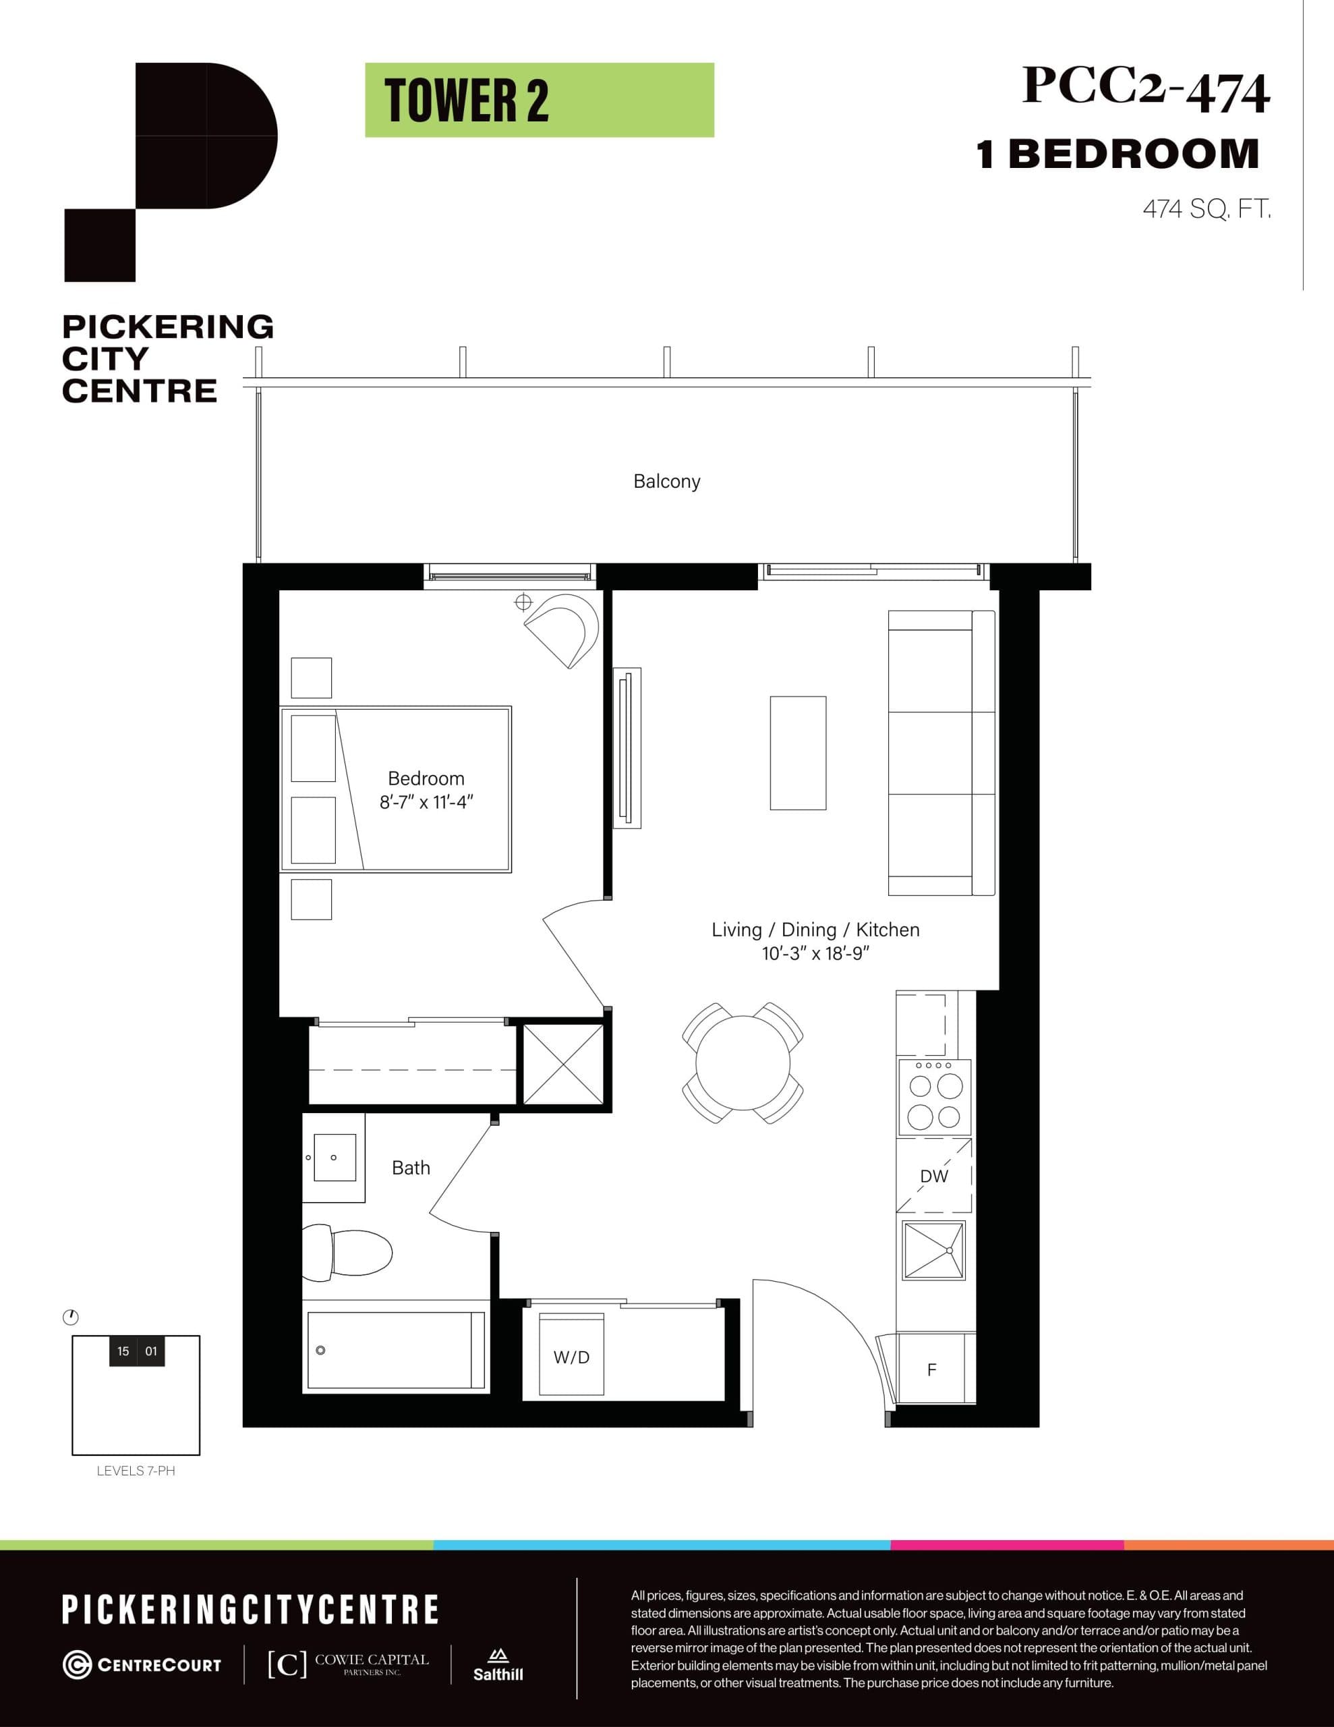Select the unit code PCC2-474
pyautogui.click(x=1145, y=87)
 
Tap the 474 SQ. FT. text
pyautogui.click(x=1206, y=210)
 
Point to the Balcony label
pyautogui.click(x=666, y=482)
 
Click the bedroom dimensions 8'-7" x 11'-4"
pyautogui.click(x=426, y=803)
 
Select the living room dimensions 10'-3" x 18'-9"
pyautogui.click(x=815, y=954)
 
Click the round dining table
pyautogui.click(x=743, y=1063)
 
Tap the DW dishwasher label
pyautogui.click(x=934, y=1176)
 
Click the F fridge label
pyautogui.click(x=931, y=1370)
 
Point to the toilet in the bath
pyautogui.click(x=348, y=1253)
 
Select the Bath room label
pyautogui.click(x=411, y=1168)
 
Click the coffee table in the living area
pyautogui.click(x=798, y=753)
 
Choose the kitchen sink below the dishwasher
pyautogui.click(x=934, y=1251)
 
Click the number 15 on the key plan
pyautogui.click(x=123, y=1351)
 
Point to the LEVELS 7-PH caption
pyautogui.click(x=136, y=1471)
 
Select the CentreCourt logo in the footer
pyautogui.click(x=142, y=1664)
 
